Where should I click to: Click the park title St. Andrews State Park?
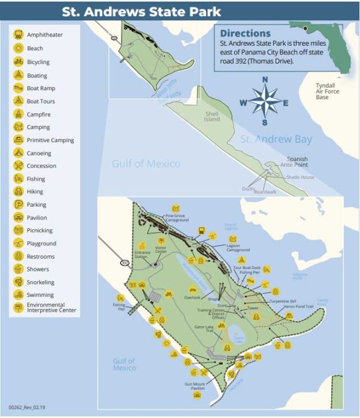141,11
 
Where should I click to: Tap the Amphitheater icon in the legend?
18,35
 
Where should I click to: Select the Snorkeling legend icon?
18,282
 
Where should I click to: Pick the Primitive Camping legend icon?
18,140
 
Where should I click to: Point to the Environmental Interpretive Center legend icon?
18,308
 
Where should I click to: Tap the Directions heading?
245,33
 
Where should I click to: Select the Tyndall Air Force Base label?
327,91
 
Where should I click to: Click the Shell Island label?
212,117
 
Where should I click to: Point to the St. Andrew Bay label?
276,139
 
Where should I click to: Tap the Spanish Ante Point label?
298,162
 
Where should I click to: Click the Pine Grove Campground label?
178,218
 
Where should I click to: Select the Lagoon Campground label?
238,248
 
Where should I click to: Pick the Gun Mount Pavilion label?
195,386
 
